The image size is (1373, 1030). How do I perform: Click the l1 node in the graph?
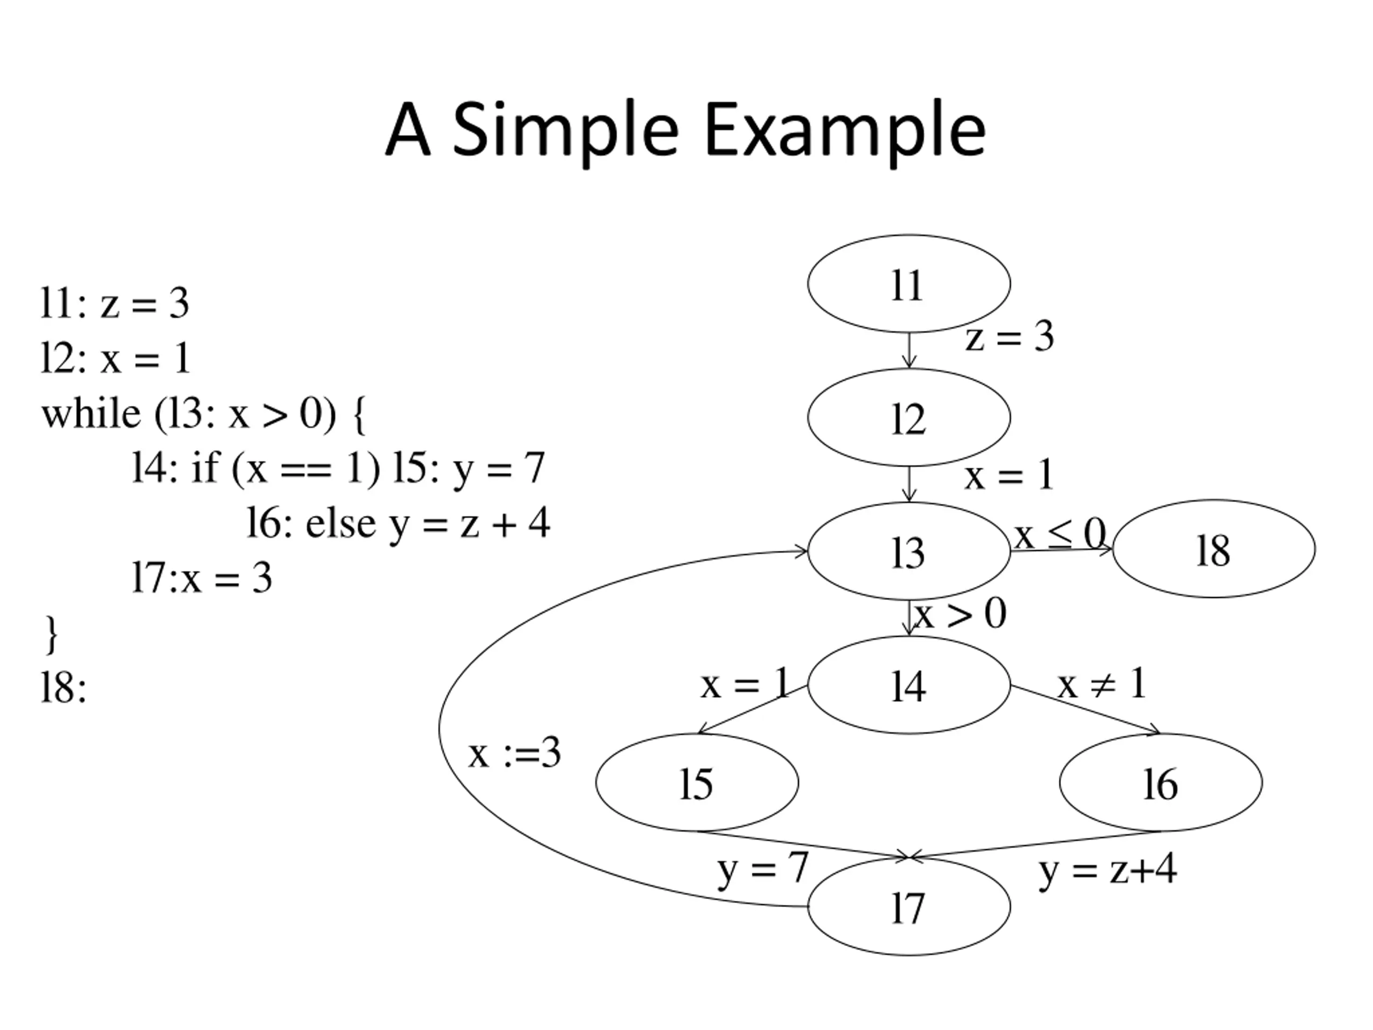tap(908, 284)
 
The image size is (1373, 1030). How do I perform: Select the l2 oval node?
tap(908, 417)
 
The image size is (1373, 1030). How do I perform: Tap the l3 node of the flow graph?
tap(908, 551)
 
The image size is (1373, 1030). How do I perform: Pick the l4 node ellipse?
tap(908, 685)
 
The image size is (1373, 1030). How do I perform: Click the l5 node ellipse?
tap(697, 782)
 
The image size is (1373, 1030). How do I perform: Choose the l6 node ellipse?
tap(1160, 782)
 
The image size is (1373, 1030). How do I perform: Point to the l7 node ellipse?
tap(908, 907)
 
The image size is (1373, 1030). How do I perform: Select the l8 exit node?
tap(1214, 549)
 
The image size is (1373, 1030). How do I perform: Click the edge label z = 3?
tap(1009, 337)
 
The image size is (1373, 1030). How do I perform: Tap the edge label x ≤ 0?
tap(1060, 533)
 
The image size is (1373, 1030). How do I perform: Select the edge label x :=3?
tap(514, 754)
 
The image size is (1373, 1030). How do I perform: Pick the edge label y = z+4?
tap(1108, 869)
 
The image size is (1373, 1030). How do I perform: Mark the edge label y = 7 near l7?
tap(763, 867)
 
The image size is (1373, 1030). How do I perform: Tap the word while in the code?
tap(91, 414)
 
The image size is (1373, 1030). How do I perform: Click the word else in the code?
tap(340, 524)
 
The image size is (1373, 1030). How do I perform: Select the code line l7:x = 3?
tap(202, 578)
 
